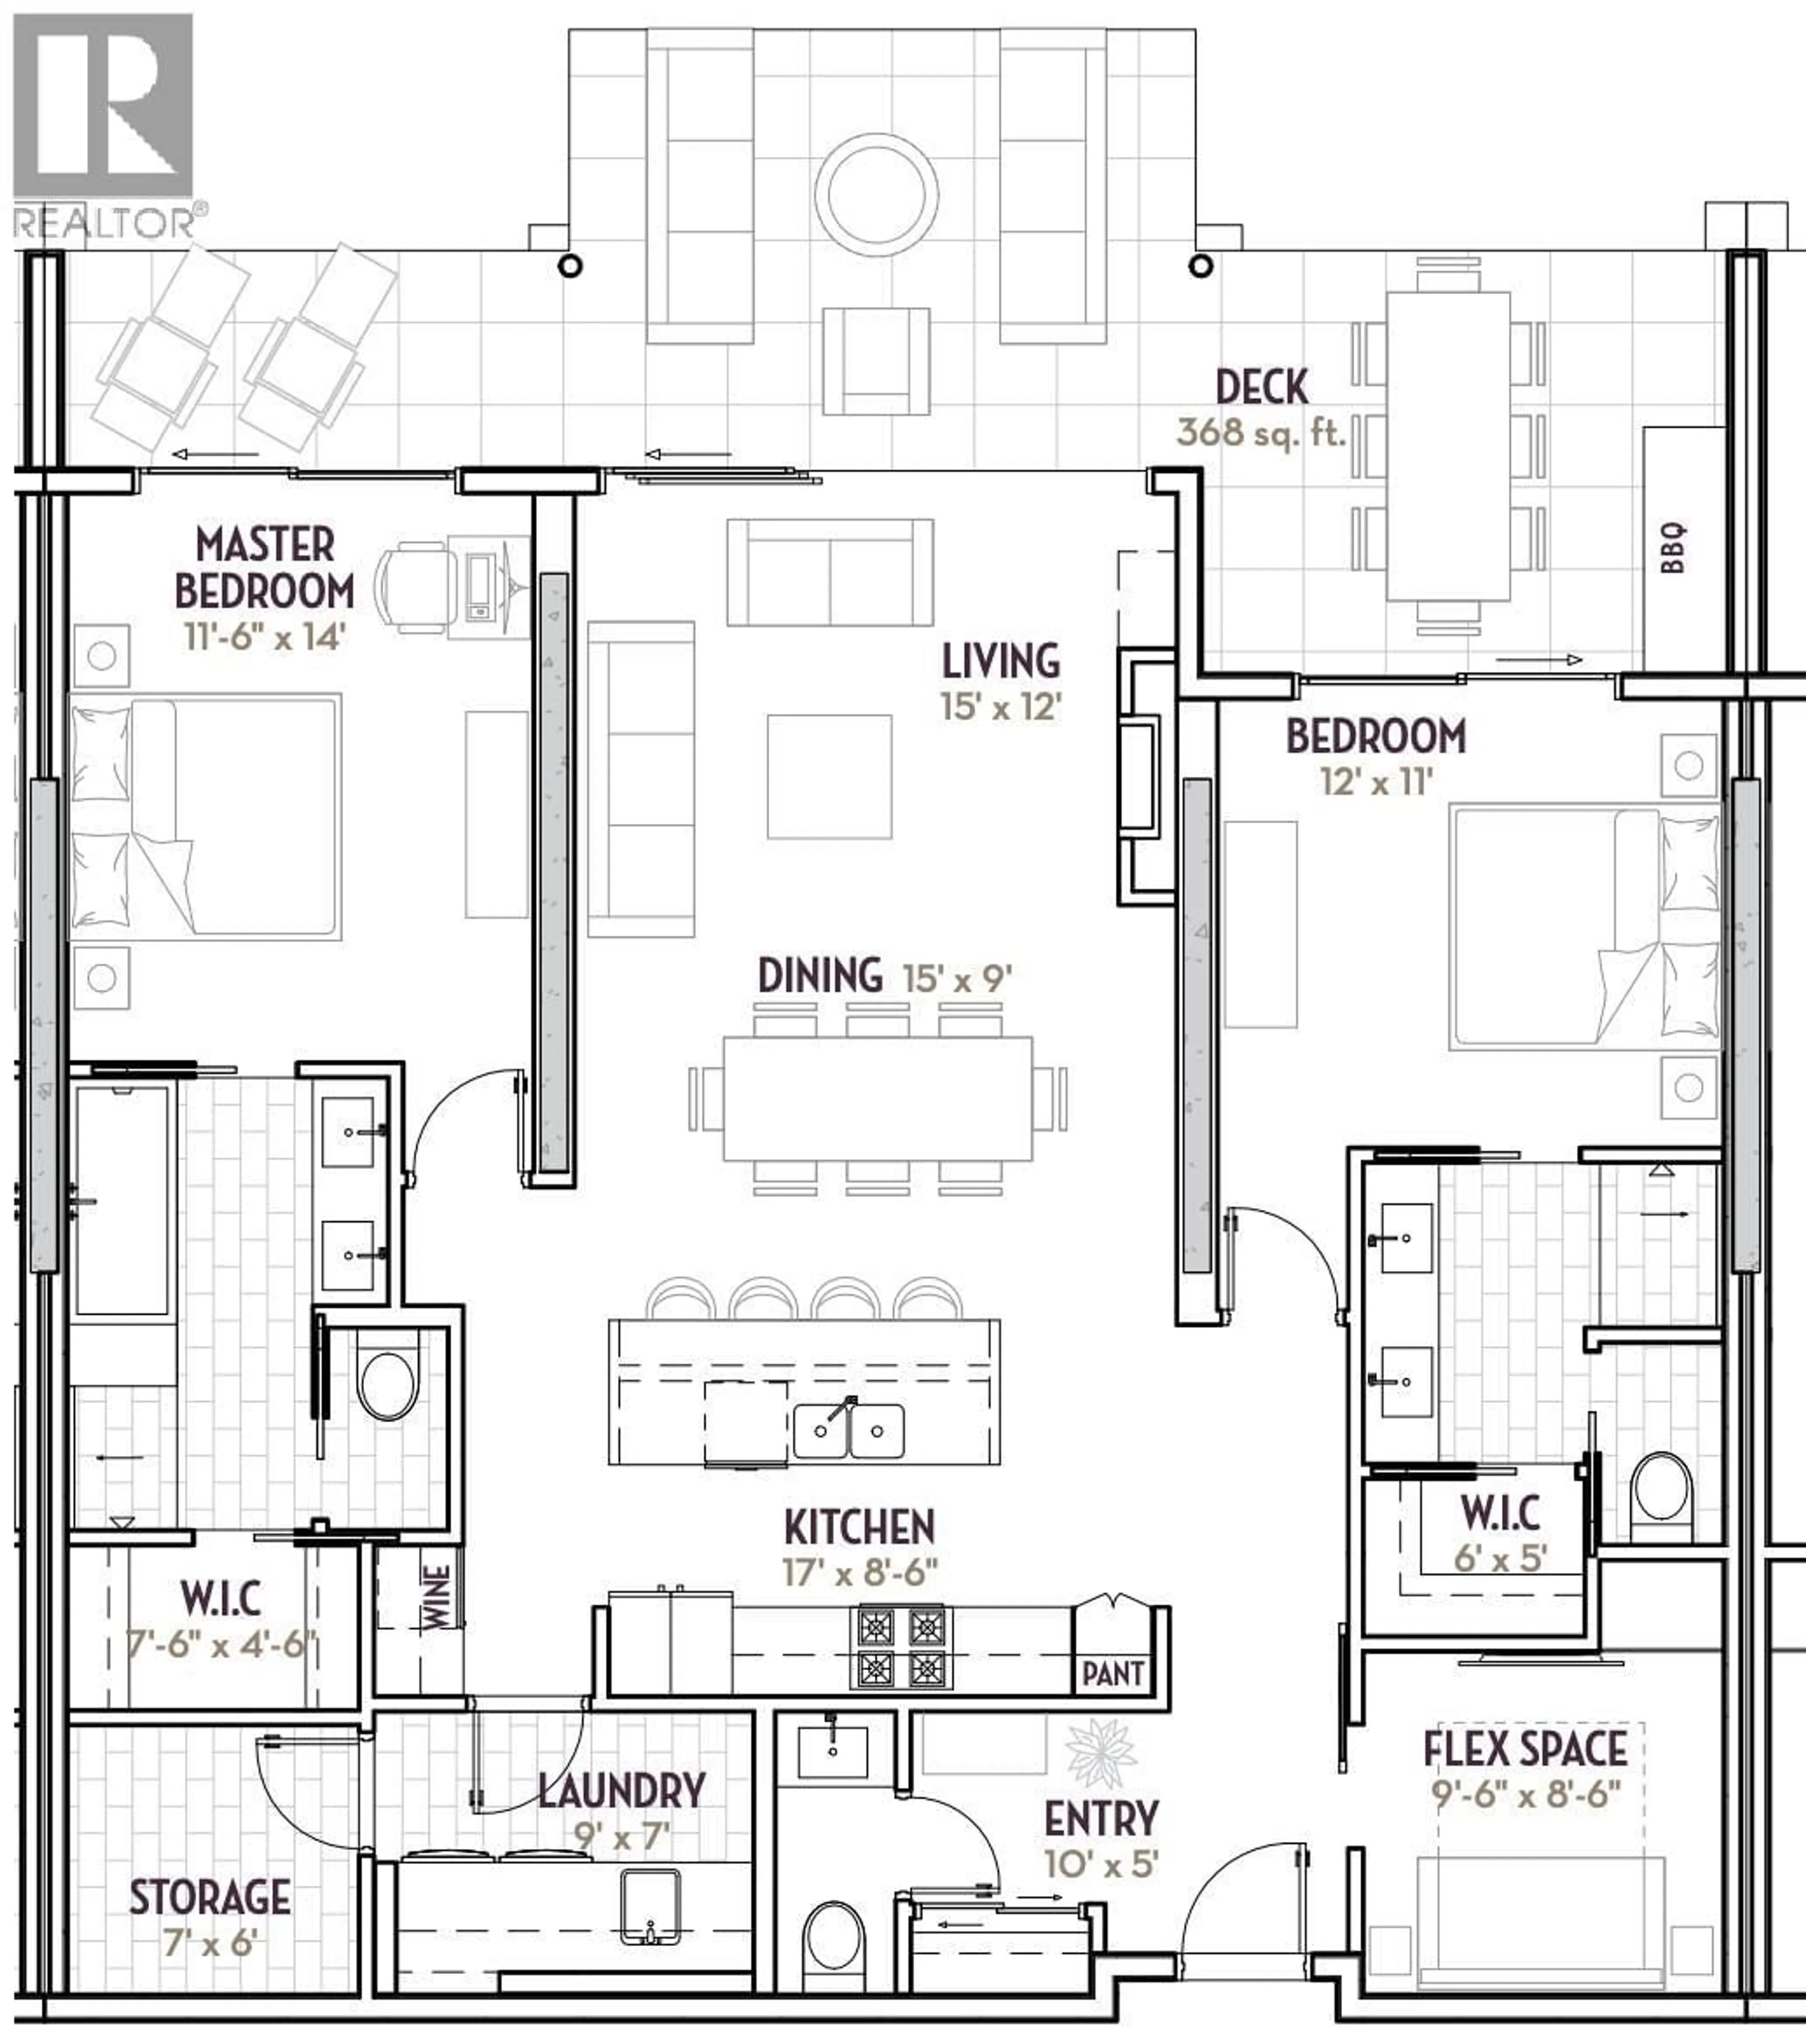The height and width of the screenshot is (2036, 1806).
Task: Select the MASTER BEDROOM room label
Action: pos(264,568)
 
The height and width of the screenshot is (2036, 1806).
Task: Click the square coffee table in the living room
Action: pos(829,776)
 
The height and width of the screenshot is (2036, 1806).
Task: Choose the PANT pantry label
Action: pos(1113,1673)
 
